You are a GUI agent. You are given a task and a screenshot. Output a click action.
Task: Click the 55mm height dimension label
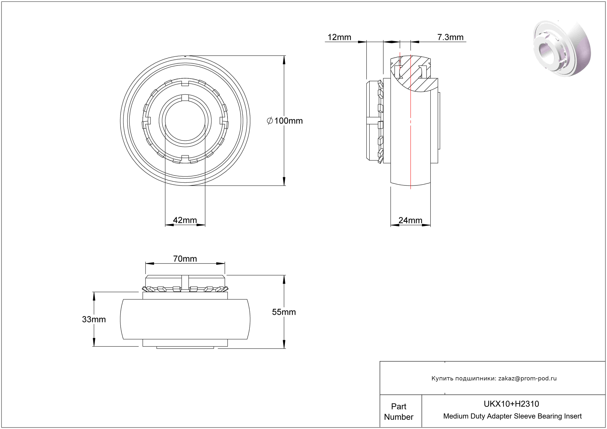pyautogui.click(x=284, y=312)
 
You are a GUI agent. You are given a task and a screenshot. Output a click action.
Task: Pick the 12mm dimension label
pyautogui.click(x=339, y=37)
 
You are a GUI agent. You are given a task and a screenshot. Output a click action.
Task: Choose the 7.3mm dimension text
pyautogui.click(x=450, y=37)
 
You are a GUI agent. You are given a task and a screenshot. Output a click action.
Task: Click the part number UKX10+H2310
pyautogui.click(x=511, y=404)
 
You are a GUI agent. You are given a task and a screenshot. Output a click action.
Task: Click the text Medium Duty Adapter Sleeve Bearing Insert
pyautogui.click(x=512, y=416)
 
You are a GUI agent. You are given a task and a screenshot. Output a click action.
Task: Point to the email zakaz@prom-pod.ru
pyautogui.click(x=527, y=378)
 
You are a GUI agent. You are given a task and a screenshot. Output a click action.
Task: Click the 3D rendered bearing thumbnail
pyautogui.click(x=562, y=49)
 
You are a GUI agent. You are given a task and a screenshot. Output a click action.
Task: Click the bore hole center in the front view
pyautogui.click(x=185, y=121)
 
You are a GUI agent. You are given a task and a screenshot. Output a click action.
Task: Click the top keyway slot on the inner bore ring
pyautogui.click(x=185, y=98)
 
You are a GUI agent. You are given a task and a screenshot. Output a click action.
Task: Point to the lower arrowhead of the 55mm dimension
pyautogui.click(x=284, y=344)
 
